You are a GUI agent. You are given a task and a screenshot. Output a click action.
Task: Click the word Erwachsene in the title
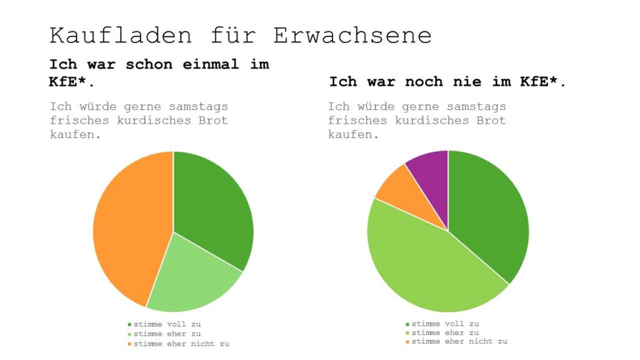tap(352, 35)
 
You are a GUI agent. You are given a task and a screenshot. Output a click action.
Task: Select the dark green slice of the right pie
tap(491, 212)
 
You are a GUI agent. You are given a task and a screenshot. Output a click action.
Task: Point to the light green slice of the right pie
tap(431, 269)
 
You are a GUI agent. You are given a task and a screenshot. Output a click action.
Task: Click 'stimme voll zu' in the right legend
tap(445, 324)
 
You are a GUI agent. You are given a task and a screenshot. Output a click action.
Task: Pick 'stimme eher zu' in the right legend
tap(445, 332)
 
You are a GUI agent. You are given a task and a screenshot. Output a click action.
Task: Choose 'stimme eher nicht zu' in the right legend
tap(459, 342)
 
